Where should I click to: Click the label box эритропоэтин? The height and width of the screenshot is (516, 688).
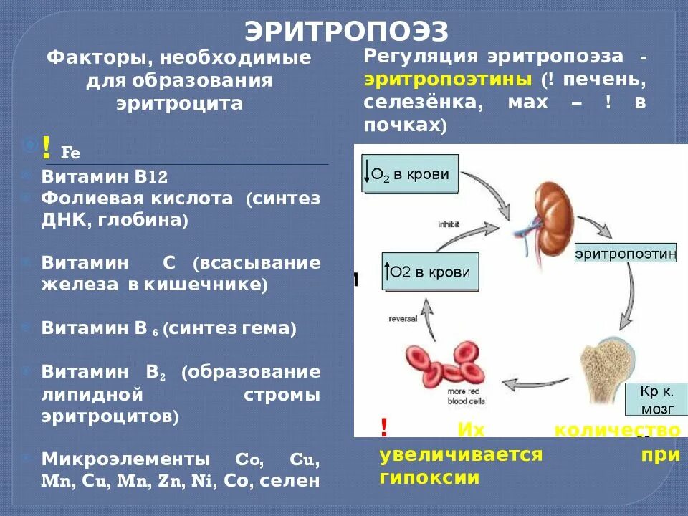click(626, 253)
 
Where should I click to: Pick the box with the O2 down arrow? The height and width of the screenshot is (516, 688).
click(409, 173)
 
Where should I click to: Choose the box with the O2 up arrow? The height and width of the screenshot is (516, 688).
click(429, 272)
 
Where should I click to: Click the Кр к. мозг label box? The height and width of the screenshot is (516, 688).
click(651, 399)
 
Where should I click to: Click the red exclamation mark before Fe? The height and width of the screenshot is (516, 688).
click(46, 148)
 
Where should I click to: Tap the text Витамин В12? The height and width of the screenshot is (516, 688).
click(104, 177)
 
